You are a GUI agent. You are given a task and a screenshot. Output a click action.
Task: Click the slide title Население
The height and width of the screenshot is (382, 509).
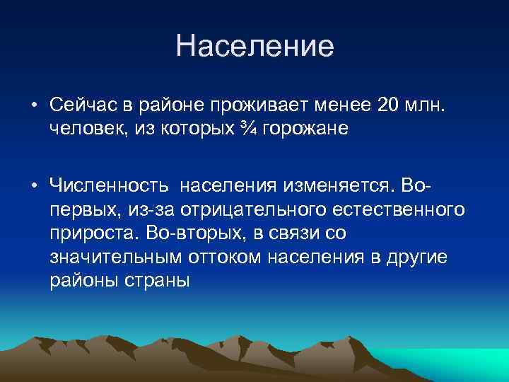(255, 47)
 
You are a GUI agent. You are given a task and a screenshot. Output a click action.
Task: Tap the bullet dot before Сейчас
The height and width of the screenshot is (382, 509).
(34, 105)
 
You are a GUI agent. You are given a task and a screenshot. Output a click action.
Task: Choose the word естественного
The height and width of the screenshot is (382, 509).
(399, 210)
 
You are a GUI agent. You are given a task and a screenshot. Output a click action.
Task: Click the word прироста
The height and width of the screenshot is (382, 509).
(96, 233)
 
